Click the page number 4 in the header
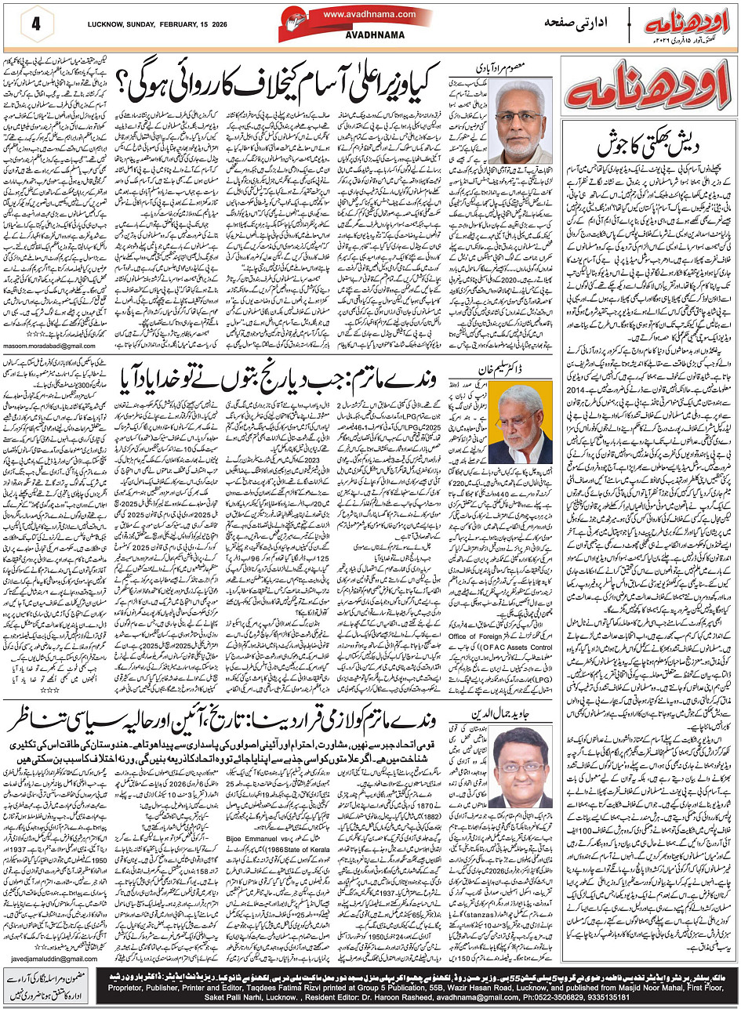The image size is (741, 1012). [x=36, y=21]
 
